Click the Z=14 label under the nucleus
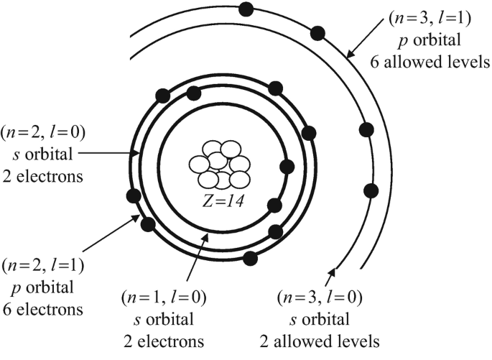[221, 201]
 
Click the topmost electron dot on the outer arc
[246, 9]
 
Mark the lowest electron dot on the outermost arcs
[371, 190]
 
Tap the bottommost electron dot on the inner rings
[251, 257]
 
